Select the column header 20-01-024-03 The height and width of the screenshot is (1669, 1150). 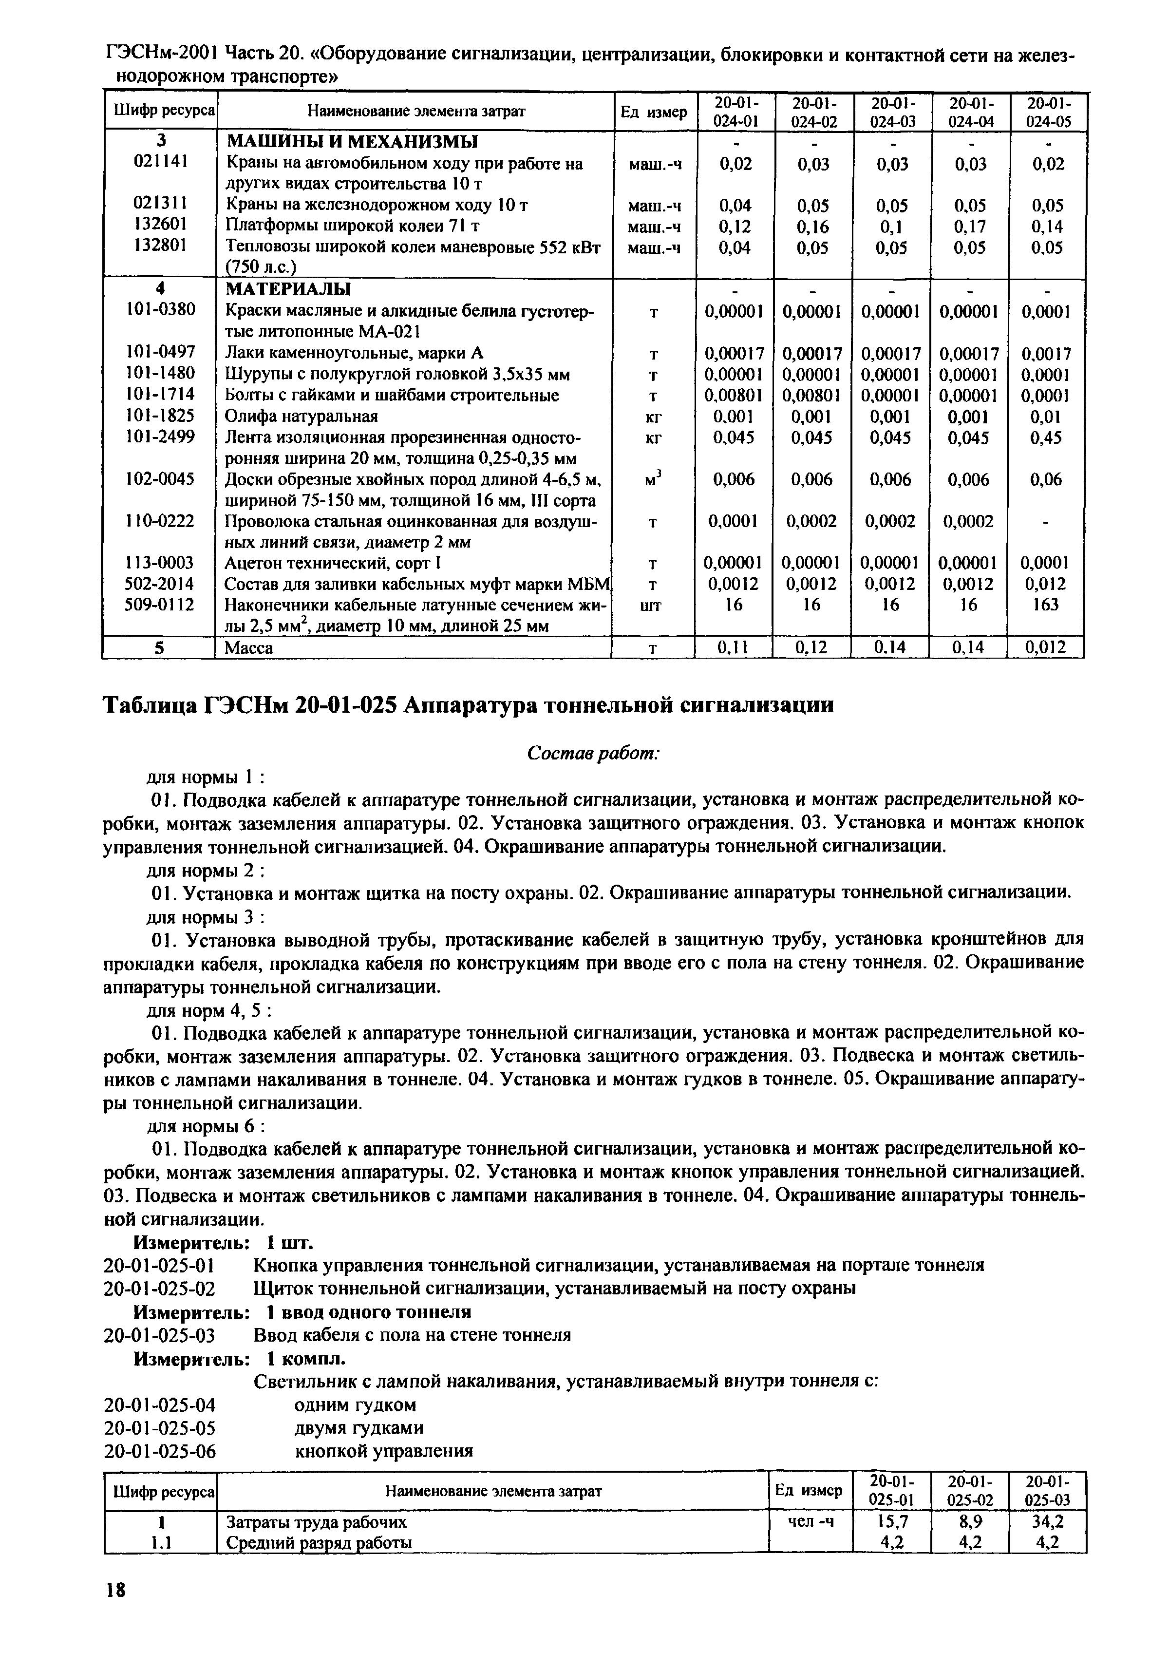(x=891, y=112)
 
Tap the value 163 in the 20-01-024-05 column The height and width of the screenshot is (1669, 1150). (x=1045, y=605)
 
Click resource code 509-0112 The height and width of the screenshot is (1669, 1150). (x=160, y=604)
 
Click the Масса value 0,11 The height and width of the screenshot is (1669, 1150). (x=734, y=648)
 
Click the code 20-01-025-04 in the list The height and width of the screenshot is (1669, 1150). (x=160, y=1405)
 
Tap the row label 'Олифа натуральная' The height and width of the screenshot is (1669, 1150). (x=302, y=417)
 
